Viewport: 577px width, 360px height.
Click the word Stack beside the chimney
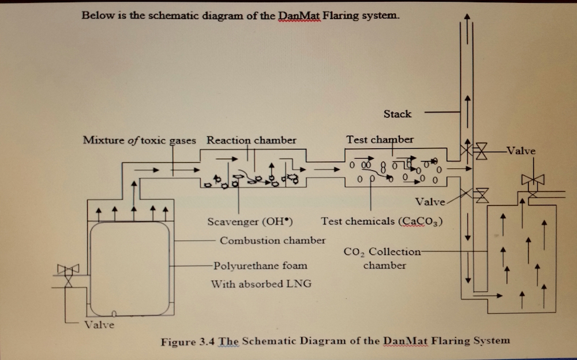(x=398, y=114)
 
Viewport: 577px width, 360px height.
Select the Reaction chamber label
(x=252, y=140)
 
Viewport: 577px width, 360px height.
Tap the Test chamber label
(x=380, y=140)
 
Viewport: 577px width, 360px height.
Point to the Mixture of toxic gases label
(x=139, y=140)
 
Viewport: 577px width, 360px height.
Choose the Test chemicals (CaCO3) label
(x=382, y=222)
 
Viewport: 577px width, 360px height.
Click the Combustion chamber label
(x=273, y=240)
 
